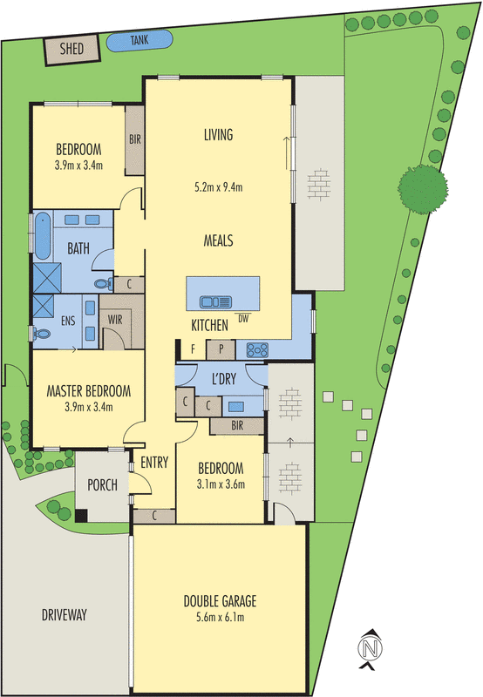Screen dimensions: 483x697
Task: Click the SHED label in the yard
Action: [71, 48]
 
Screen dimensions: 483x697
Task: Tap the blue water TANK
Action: [139, 40]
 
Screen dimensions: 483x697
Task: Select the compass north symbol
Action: [370, 648]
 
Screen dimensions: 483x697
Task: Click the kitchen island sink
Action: [215, 302]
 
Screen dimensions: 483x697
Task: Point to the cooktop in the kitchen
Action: [257, 350]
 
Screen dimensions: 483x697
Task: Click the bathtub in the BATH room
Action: [43, 235]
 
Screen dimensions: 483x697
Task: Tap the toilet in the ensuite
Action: [41, 333]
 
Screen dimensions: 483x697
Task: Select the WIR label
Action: [115, 319]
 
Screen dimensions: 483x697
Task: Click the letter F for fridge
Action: [193, 349]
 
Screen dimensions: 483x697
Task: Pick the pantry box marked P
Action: [221, 350]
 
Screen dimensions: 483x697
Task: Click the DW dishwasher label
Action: [243, 318]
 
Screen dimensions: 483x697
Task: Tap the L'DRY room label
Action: [224, 379]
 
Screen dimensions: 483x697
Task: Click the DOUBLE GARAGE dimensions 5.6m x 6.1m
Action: [221, 617]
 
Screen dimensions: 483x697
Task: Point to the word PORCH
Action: [102, 485]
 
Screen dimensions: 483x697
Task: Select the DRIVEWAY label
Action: [64, 615]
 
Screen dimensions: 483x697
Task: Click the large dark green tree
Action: [423, 189]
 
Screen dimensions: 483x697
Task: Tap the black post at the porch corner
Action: [81, 516]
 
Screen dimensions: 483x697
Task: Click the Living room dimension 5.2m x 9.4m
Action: [218, 187]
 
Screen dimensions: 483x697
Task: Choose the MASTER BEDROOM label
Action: [89, 391]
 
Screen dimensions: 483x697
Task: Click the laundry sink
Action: [236, 407]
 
